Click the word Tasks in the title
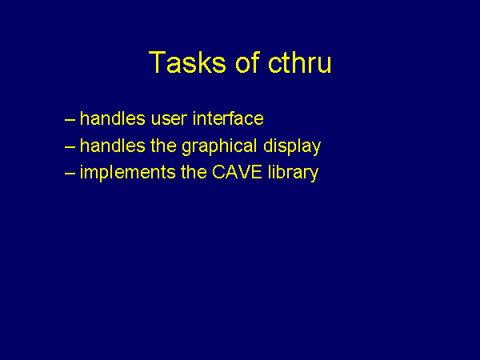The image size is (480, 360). click(187, 62)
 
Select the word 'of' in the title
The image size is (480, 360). click(248, 62)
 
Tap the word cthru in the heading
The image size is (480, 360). click(300, 62)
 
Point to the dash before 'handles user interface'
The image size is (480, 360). click(70, 120)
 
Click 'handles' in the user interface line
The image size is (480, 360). click(112, 118)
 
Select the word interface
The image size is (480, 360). click(228, 118)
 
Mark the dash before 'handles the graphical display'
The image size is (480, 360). click(70, 146)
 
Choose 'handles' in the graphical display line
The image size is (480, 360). click(112, 145)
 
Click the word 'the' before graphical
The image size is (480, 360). click(163, 145)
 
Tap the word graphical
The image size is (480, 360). click(219, 147)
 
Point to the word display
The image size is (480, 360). click(292, 147)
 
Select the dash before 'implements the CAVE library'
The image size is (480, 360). click(70, 174)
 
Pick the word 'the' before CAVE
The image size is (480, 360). click(194, 172)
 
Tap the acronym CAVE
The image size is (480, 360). click(237, 172)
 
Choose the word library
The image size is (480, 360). click(294, 174)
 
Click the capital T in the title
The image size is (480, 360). click(158, 62)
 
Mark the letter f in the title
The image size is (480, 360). click(256, 62)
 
